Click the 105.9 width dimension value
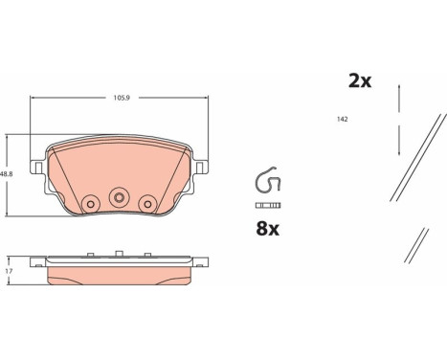point(122,98)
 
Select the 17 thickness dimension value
point(10,272)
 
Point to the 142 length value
point(342,120)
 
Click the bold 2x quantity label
point(360,81)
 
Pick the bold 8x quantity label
point(267,229)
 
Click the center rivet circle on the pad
point(119,197)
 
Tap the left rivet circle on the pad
point(91,204)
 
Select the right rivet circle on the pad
point(147,204)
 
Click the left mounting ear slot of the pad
point(38,168)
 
